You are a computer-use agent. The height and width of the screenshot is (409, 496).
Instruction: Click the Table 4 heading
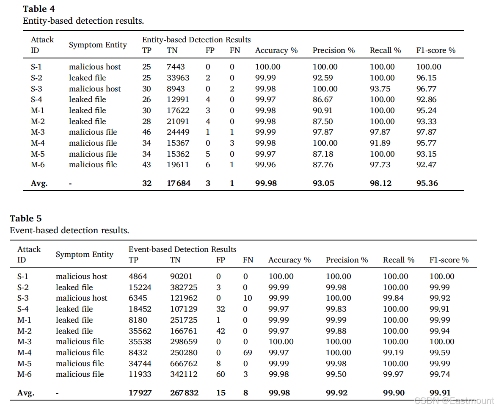[39, 8]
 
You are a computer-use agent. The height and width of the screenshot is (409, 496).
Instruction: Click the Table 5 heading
[26, 218]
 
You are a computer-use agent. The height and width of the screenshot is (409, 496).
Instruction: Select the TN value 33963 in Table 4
[178, 78]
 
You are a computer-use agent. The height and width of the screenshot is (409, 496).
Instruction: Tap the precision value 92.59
[322, 78]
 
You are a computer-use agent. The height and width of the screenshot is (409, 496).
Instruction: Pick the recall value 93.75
[380, 89]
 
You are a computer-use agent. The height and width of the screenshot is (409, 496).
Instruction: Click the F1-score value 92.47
[426, 165]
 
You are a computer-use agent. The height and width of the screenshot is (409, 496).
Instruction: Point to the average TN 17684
[179, 183]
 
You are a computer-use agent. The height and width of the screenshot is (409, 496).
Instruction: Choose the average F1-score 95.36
[427, 183]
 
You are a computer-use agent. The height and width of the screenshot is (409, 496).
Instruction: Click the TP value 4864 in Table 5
[138, 276]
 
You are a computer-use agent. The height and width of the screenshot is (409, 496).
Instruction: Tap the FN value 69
[248, 353]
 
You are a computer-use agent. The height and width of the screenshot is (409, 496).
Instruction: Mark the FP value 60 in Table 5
[220, 374]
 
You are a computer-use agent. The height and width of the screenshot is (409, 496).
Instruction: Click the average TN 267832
[184, 393]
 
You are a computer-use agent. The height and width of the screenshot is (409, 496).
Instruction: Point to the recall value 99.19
[393, 353]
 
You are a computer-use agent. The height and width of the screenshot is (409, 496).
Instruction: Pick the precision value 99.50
[336, 374]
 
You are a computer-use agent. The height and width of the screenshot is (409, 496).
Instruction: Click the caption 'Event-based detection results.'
[69, 230]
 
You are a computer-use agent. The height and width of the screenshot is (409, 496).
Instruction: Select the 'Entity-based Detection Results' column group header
[196, 40]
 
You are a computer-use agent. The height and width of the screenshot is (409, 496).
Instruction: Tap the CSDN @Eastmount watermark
[454, 401]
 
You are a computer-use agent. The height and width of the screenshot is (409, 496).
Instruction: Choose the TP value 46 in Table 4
[147, 132]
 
